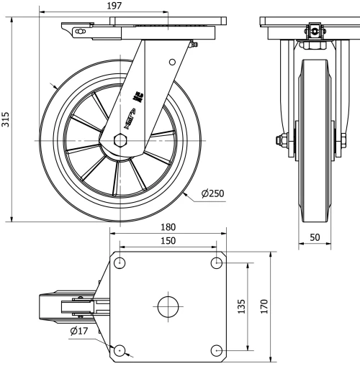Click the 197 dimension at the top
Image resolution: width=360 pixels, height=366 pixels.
[114, 6]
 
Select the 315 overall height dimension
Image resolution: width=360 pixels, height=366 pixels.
[6, 119]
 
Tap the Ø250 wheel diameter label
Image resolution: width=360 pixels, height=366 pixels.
[215, 194]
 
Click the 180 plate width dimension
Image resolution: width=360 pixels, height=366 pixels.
[168, 227]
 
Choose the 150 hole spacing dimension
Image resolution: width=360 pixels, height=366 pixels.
[168, 241]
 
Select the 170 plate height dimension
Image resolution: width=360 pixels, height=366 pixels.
[264, 306]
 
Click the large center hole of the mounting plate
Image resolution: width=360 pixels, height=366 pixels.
[168, 306]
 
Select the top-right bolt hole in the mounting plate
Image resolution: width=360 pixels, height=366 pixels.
[217, 262]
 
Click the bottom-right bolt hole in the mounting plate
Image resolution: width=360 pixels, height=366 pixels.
[217, 350]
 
